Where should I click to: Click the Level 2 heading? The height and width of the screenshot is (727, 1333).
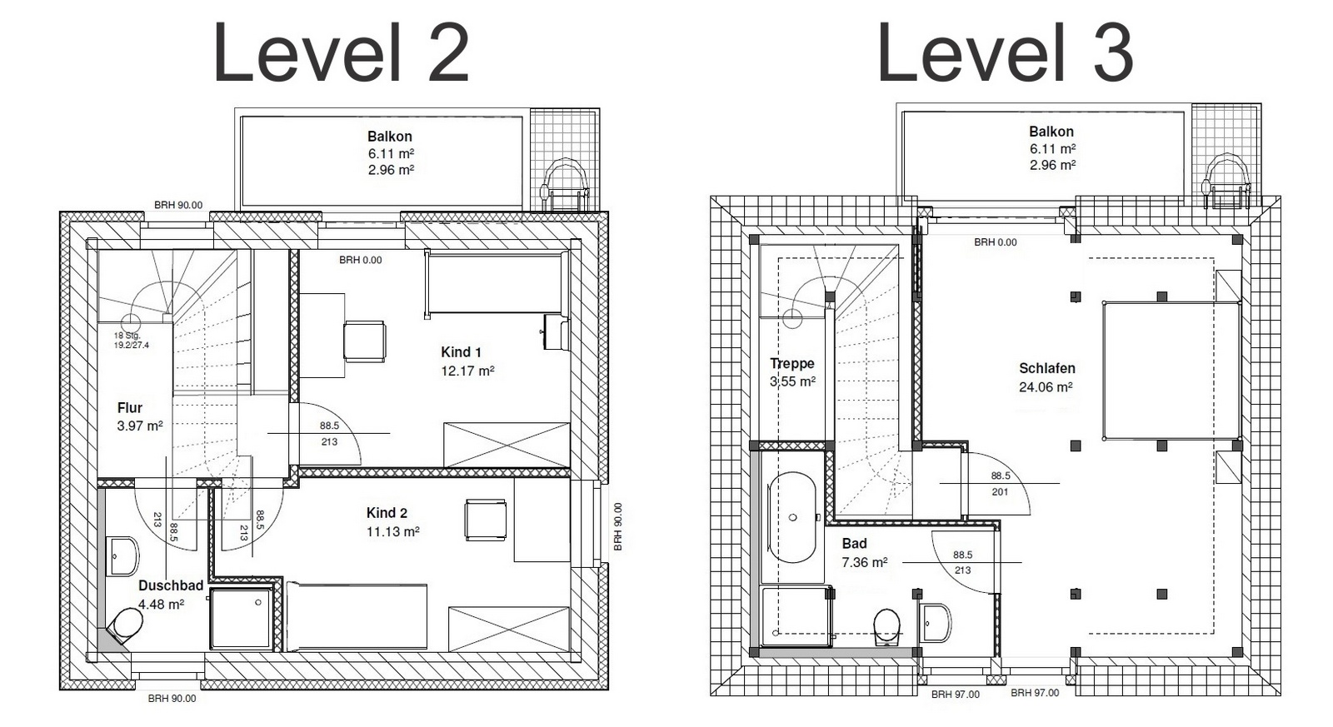coord(341,52)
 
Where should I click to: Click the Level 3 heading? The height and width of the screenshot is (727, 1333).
coord(1005,52)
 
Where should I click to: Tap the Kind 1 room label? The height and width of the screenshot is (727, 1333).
coord(461,352)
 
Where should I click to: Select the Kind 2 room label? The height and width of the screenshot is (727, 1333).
coord(387,513)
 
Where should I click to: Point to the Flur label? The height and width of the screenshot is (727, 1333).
coord(130,408)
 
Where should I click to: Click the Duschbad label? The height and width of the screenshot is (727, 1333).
coord(171,585)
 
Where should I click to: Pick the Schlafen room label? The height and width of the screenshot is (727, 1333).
coord(1046,368)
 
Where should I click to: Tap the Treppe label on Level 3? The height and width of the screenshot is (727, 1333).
coord(792,363)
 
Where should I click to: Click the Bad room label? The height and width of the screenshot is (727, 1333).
coord(854,544)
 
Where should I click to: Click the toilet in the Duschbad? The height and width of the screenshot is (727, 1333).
coord(126,626)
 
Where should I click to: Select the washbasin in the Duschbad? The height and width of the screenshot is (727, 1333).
coord(122,556)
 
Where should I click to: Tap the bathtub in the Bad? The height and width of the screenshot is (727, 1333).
coord(791,518)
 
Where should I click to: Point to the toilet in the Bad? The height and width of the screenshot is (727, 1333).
coord(886,627)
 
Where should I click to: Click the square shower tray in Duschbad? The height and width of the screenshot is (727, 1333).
coord(241,619)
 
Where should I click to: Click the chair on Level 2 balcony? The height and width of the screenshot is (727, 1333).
coord(564,184)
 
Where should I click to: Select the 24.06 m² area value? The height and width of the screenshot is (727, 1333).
coord(1046,387)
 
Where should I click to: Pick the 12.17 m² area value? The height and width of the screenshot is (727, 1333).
coord(467,371)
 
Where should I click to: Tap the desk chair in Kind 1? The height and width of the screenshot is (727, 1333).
coord(365,341)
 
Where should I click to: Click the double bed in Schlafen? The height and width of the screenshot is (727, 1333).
coord(1171,371)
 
